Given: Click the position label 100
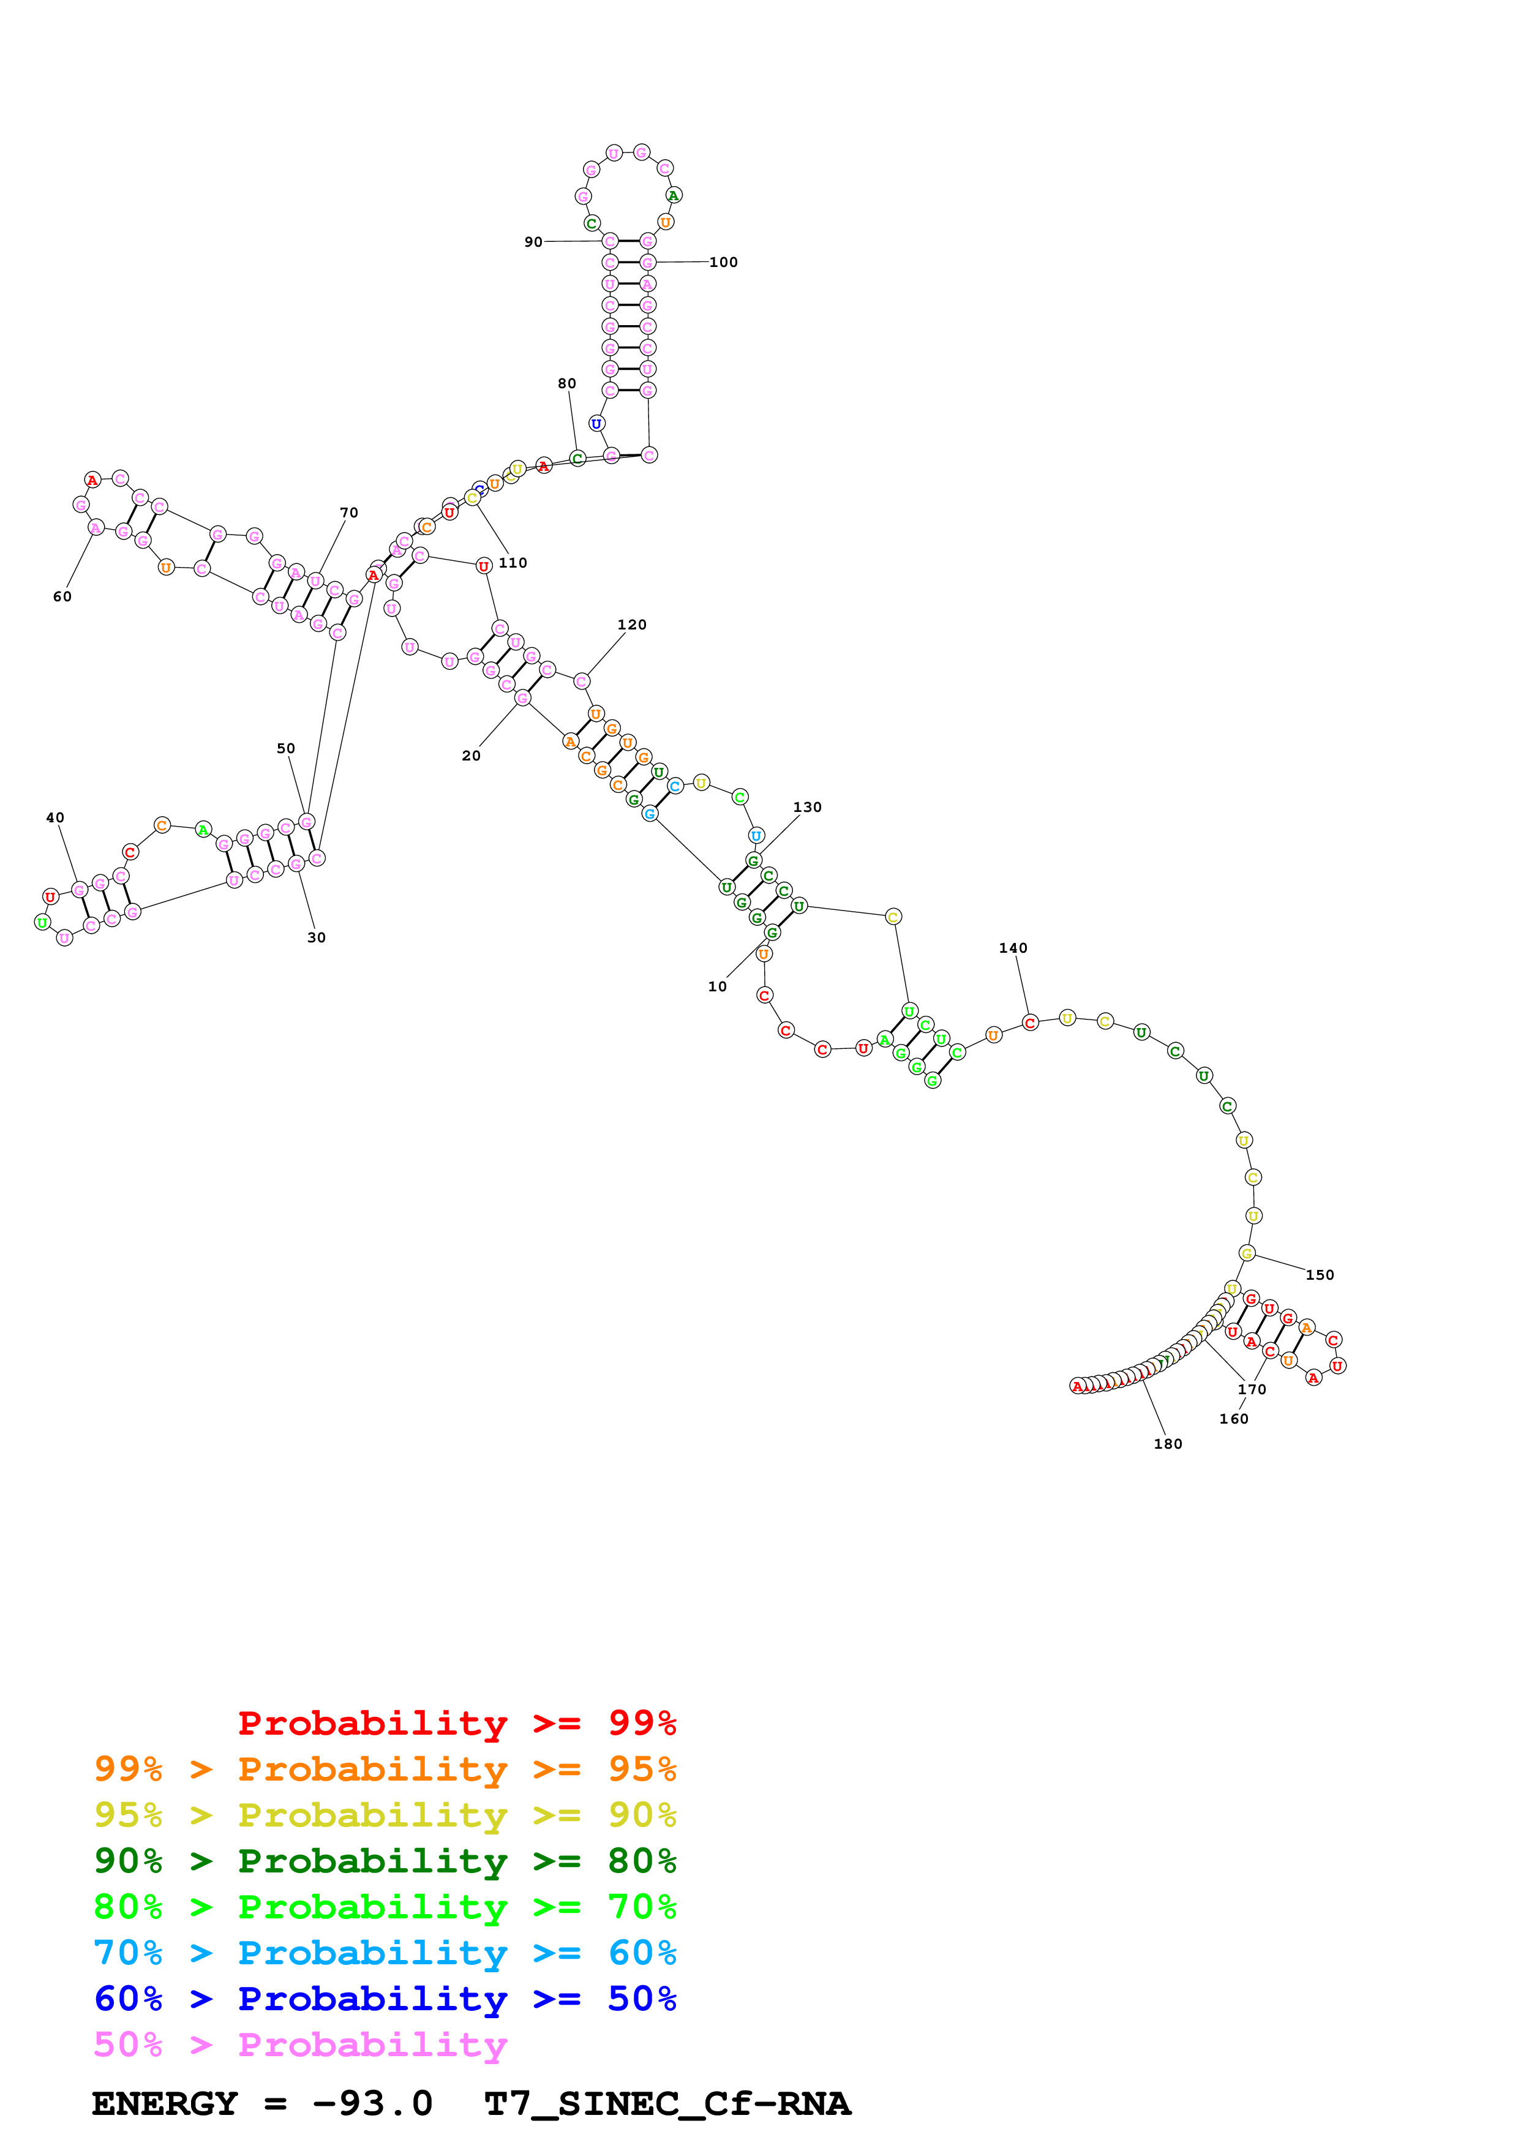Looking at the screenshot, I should [723, 262].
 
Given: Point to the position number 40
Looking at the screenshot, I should [55, 817].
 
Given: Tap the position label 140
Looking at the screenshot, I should [1012, 948].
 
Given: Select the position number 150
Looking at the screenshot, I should [1319, 1274].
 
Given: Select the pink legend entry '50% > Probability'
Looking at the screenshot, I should [300, 2045].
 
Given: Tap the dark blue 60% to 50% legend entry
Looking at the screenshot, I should [385, 1999].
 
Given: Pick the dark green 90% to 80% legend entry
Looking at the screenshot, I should [385, 1861].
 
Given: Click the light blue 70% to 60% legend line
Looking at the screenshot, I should [385, 1953].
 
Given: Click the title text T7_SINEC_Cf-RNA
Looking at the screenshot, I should [667, 2104].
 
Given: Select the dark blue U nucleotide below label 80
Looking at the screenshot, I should [596, 424].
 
